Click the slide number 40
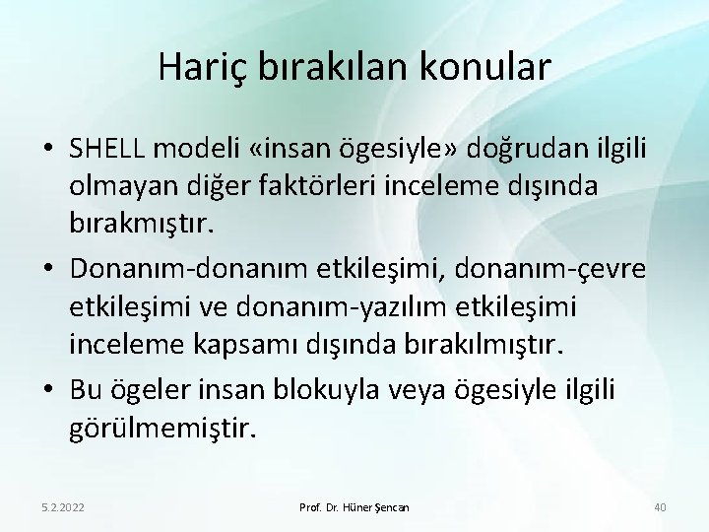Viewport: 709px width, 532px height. tap(660, 505)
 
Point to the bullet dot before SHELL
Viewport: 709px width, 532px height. tap(47, 149)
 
